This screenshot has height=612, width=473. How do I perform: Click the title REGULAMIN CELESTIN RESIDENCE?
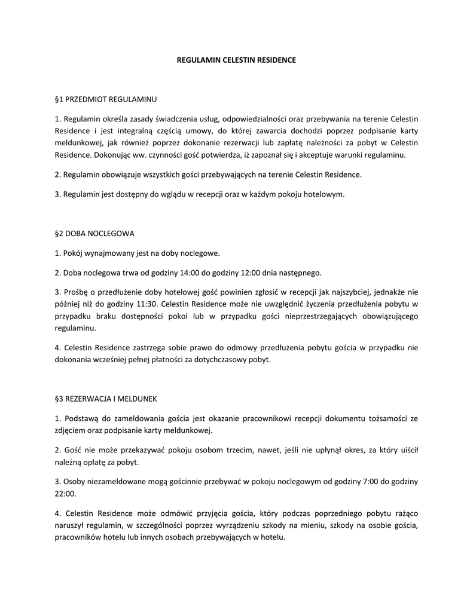(236, 60)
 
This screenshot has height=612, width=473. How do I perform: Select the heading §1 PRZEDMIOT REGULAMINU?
(105, 98)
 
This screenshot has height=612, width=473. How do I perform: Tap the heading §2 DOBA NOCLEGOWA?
(94, 233)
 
